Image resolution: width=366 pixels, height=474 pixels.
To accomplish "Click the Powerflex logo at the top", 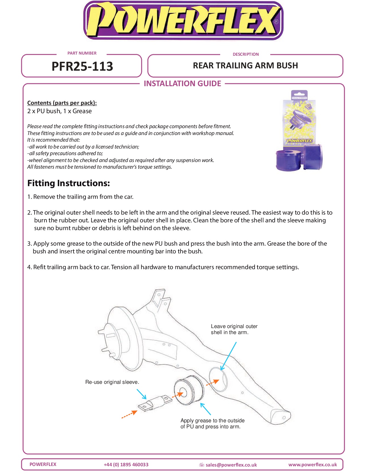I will pos(183,21).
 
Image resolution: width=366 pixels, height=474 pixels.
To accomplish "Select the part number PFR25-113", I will pos(82,66).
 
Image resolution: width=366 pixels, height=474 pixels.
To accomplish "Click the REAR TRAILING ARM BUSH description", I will pos(245,65).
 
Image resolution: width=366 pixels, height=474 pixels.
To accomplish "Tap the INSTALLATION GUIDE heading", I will pos(182,84).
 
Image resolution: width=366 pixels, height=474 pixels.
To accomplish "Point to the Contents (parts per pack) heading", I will pos(62,103).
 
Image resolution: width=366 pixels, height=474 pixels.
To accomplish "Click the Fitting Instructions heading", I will pos(69,183).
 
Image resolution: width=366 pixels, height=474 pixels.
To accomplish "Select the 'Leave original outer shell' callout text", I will pos(234,329).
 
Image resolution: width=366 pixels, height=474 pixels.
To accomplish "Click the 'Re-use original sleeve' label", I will pos(112,382).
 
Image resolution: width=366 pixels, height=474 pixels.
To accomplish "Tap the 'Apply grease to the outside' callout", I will pos(212,423).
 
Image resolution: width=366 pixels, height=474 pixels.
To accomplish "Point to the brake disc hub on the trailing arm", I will pos(115,339).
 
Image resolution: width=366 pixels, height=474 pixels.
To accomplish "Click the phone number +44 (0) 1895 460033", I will pos(126,465).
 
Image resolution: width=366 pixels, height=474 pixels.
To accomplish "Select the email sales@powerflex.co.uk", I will pos(231,465).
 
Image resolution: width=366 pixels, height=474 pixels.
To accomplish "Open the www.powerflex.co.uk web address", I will pos(313,465).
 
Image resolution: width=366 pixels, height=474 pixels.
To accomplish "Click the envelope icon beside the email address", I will pos(202,465).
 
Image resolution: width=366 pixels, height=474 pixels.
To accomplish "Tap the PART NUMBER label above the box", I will pos(82,53).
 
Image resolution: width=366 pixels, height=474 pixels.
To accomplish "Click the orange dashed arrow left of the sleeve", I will pos(129,414).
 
